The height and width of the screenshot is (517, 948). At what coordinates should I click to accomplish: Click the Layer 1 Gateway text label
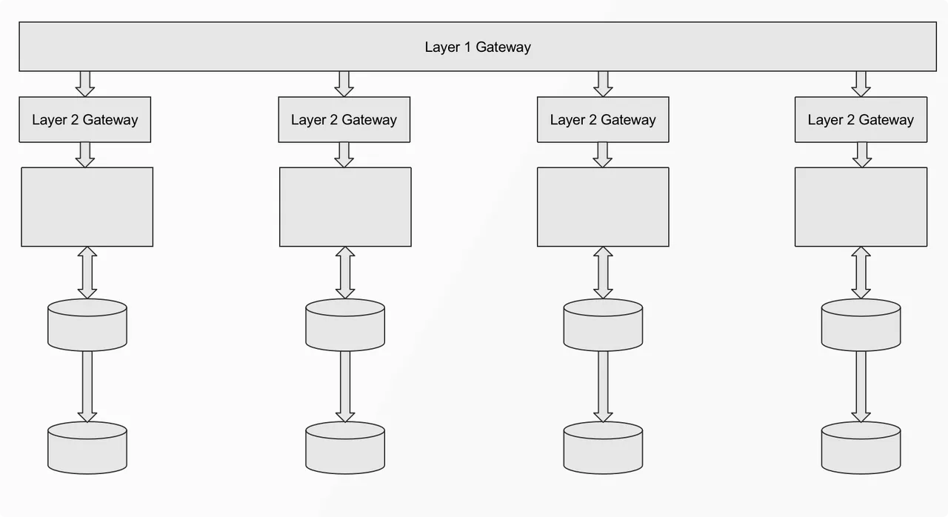(x=478, y=47)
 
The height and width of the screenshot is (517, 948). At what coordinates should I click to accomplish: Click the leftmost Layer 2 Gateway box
(x=84, y=119)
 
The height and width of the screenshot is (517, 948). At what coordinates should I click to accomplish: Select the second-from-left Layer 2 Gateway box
(x=344, y=119)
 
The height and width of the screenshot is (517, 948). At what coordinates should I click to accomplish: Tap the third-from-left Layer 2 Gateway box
(x=603, y=119)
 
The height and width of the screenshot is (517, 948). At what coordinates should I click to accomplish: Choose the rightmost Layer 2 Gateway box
(x=861, y=119)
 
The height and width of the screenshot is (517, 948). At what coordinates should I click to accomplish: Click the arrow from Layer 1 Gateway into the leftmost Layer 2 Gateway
(x=85, y=84)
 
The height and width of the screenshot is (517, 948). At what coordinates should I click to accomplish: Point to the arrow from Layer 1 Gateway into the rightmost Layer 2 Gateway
(x=861, y=84)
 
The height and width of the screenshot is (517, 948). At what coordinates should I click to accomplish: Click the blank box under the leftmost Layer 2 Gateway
(x=87, y=207)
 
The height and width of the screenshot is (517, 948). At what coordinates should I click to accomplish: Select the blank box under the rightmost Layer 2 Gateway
(x=861, y=207)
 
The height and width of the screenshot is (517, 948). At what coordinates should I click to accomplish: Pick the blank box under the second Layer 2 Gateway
(x=345, y=207)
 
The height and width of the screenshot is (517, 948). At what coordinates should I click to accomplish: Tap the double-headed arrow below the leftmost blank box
(x=87, y=273)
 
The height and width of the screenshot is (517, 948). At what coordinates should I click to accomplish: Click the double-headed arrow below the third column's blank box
(x=603, y=273)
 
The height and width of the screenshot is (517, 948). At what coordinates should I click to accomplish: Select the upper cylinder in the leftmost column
(x=87, y=325)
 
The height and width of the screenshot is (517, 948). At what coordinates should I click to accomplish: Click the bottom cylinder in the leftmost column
(x=87, y=447)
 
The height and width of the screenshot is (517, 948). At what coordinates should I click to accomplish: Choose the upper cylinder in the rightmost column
(x=861, y=325)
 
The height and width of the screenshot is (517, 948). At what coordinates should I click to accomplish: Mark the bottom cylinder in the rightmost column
(x=861, y=447)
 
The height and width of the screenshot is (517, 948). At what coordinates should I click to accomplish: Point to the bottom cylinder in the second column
(x=345, y=447)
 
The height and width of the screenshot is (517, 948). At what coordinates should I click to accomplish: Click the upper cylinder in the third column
(x=603, y=325)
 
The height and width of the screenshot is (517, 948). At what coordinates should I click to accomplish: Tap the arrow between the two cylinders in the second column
(x=345, y=387)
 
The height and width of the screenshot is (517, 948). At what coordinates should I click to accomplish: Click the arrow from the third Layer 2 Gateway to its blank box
(x=603, y=155)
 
